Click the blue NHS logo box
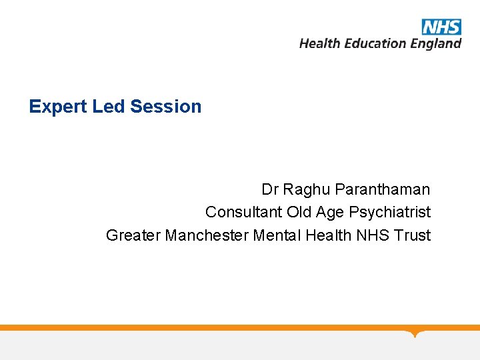coord(441,27)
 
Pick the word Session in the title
coord(166,107)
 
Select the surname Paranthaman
coord(383,189)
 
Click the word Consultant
coord(244,212)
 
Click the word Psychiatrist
coord(390,212)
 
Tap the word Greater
coord(133,235)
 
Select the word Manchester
coord(207,235)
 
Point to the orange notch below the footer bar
coord(416,333)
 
